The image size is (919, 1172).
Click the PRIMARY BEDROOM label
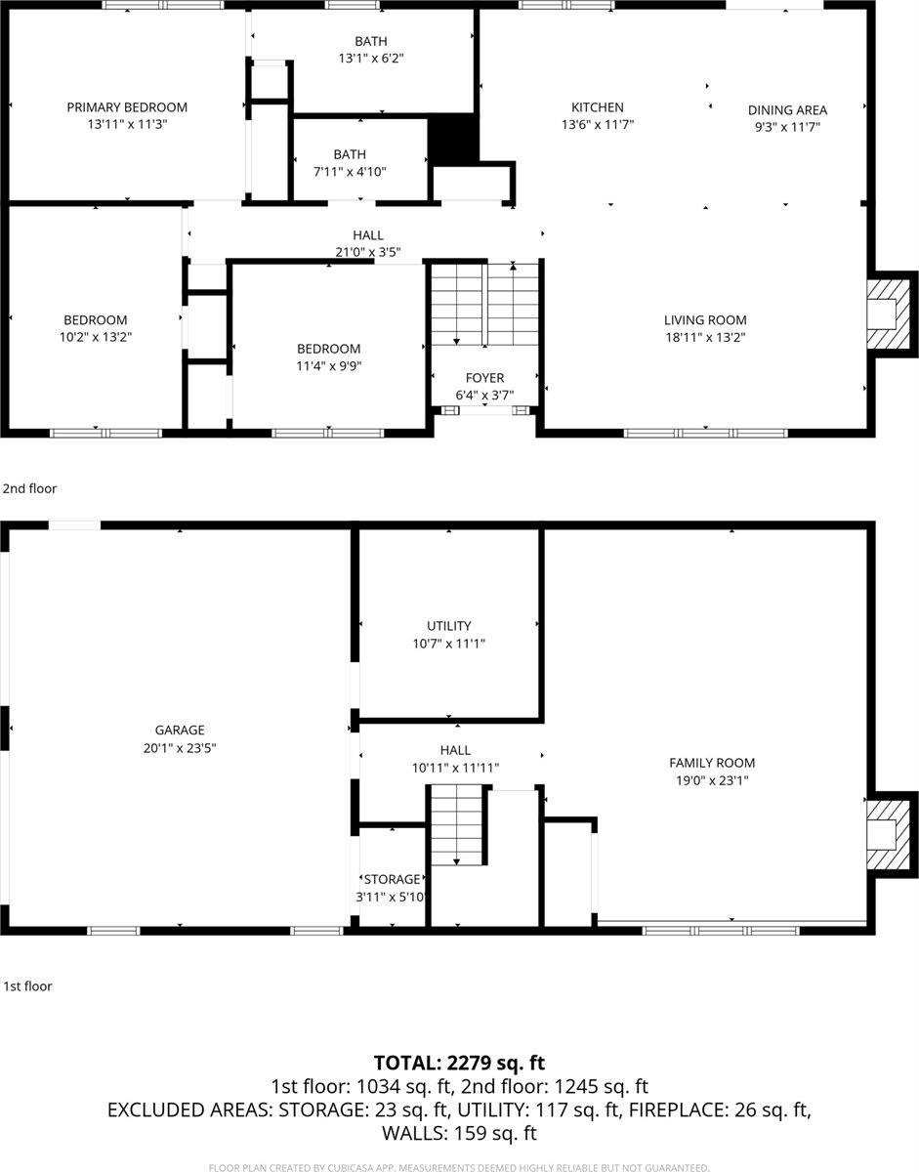point(127,107)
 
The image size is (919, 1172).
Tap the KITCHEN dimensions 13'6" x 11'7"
point(598,125)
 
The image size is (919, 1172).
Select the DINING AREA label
point(787,110)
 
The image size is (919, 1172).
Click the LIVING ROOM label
point(705,320)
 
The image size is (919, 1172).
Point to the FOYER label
point(484,378)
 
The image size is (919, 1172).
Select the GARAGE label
point(180,730)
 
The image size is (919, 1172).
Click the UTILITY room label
point(448,626)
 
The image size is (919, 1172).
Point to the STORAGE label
point(393,879)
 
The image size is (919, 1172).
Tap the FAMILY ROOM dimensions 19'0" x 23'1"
point(711,780)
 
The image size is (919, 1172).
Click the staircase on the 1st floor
point(457,825)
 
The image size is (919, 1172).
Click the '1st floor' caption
point(27,986)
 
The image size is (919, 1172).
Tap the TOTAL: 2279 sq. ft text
point(459,1062)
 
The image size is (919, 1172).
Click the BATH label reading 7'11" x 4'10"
point(349,154)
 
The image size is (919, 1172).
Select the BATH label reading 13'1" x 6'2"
point(370,41)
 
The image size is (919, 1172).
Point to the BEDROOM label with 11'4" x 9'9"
point(328,349)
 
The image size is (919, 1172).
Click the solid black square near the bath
point(453,139)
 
